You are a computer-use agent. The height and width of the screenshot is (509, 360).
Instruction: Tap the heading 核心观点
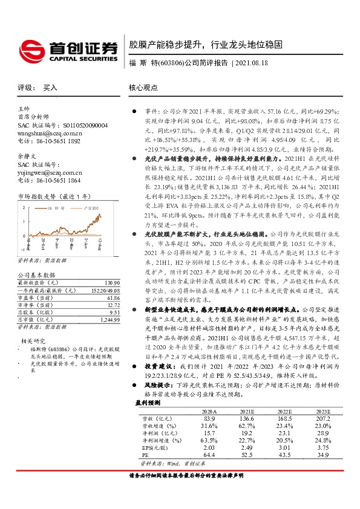click(142, 87)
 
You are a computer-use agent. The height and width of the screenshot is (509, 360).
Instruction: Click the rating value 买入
click(50, 87)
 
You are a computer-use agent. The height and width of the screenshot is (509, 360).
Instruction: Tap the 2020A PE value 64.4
click(209, 454)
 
